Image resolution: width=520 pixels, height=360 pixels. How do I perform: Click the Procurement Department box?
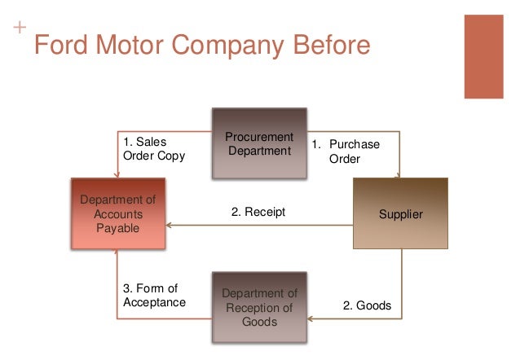[259, 144]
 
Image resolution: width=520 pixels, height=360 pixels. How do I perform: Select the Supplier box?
[401, 213]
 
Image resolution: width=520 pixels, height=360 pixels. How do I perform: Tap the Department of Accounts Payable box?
[118, 214]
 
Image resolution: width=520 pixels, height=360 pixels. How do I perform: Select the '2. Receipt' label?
[258, 213]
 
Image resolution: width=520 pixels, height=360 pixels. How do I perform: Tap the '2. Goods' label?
[367, 306]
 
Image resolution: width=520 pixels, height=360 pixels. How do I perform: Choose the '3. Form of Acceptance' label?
[154, 295]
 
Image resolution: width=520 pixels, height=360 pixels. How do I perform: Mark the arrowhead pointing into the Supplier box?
[399, 173]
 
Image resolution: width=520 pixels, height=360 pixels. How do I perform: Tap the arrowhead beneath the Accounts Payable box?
[117, 253]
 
